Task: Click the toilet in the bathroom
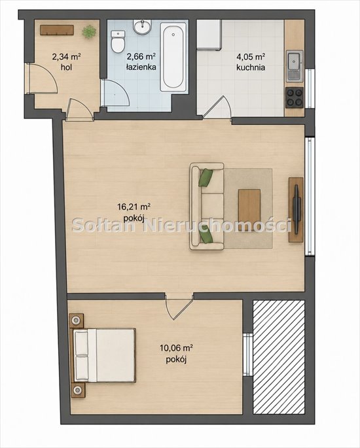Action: click(x=118, y=42)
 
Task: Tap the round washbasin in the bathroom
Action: click(x=142, y=27)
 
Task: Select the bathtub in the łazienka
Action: click(x=172, y=57)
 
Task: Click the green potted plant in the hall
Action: click(x=89, y=31)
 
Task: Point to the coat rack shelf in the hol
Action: click(x=57, y=30)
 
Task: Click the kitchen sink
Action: click(x=295, y=65)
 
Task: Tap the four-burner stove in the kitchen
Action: click(x=295, y=97)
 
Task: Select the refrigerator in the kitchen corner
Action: click(x=208, y=34)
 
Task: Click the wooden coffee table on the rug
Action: click(x=249, y=206)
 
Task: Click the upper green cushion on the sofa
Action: click(x=206, y=178)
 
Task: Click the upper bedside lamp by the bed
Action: click(x=76, y=320)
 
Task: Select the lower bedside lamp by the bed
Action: click(x=77, y=389)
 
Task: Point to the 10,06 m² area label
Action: click(x=176, y=348)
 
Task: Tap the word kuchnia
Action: click(x=251, y=67)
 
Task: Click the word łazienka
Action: click(x=141, y=67)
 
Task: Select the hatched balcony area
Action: click(x=279, y=357)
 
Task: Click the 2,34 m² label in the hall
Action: click(x=66, y=57)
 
